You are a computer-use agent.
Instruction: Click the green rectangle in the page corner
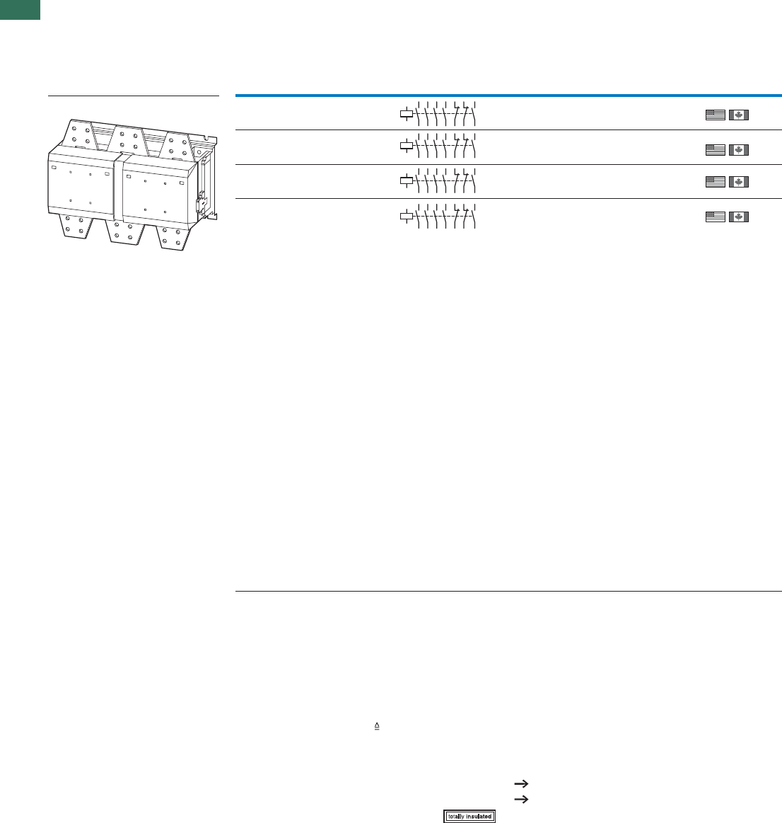[x=20, y=9]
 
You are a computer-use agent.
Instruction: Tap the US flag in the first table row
[x=716, y=115]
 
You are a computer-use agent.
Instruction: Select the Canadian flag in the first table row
[x=738, y=115]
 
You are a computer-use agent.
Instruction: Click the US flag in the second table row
[x=716, y=150]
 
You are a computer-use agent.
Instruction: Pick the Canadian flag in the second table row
[x=738, y=150]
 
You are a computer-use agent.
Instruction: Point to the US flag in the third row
[x=716, y=182]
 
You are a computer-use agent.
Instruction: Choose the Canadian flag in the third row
[x=738, y=182]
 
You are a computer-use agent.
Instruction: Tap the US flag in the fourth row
[x=716, y=217]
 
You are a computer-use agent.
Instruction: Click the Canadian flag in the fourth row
[x=738, y=217]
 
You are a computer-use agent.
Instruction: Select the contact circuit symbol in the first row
[x=438, y=113]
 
